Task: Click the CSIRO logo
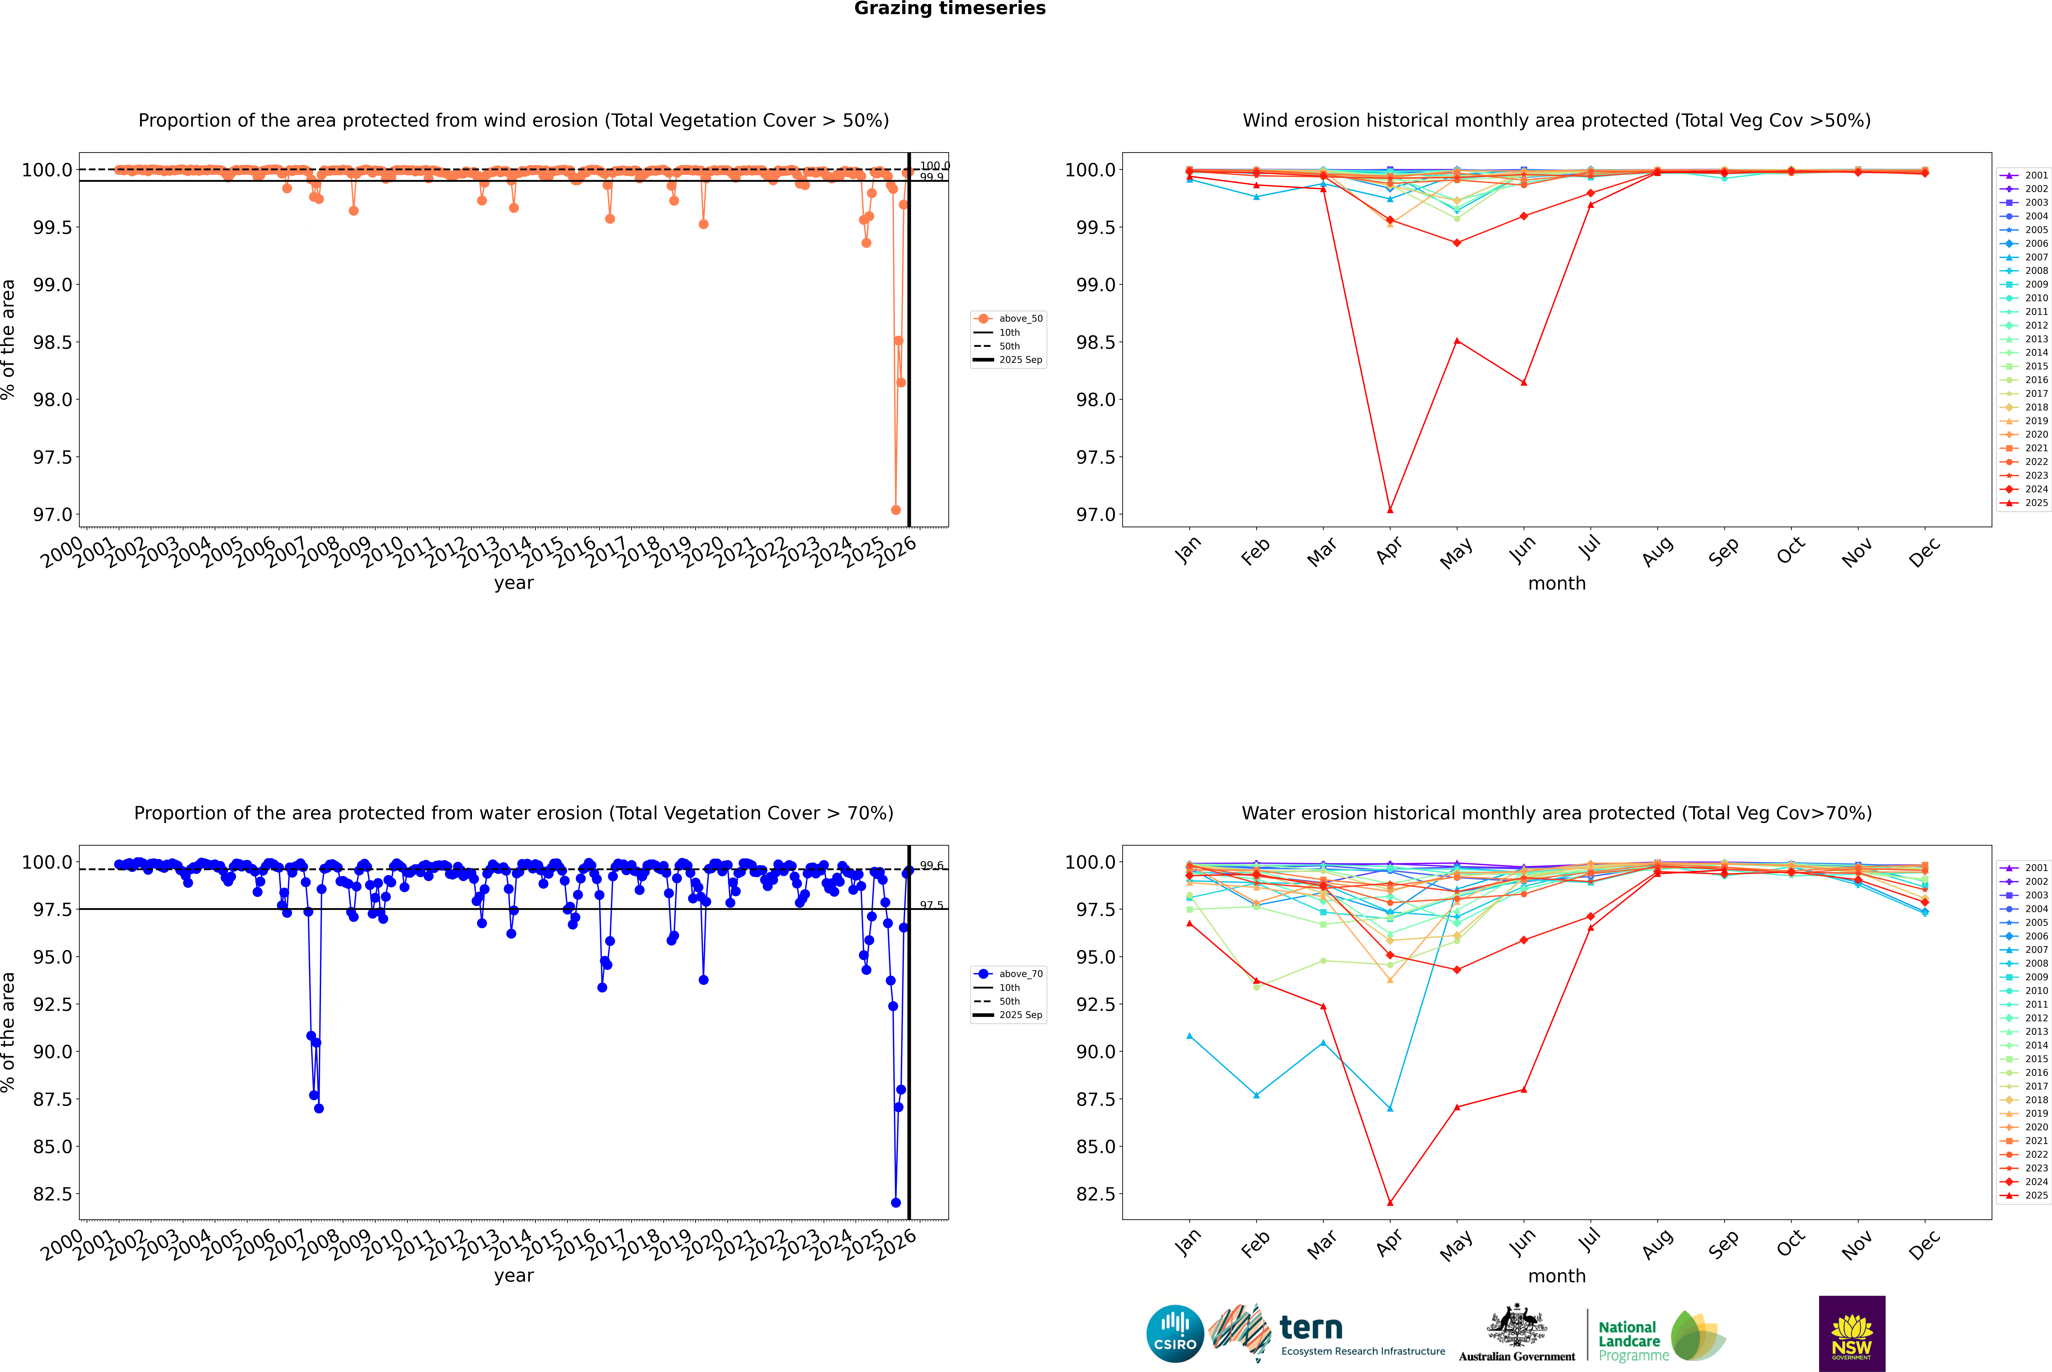pyautogui.click(x=1175, y=1334)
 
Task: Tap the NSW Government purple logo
pyautogui.click(x=1852, y=1334)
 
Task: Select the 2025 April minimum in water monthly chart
pyautogui.click(x=1390, y=1202)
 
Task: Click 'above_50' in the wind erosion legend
pyautogui.click(x=1021, y=319)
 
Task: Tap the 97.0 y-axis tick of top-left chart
pyautogui.click(x=53, y=514)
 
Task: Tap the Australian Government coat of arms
pyautogui.click(x=1516, y=1326)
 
